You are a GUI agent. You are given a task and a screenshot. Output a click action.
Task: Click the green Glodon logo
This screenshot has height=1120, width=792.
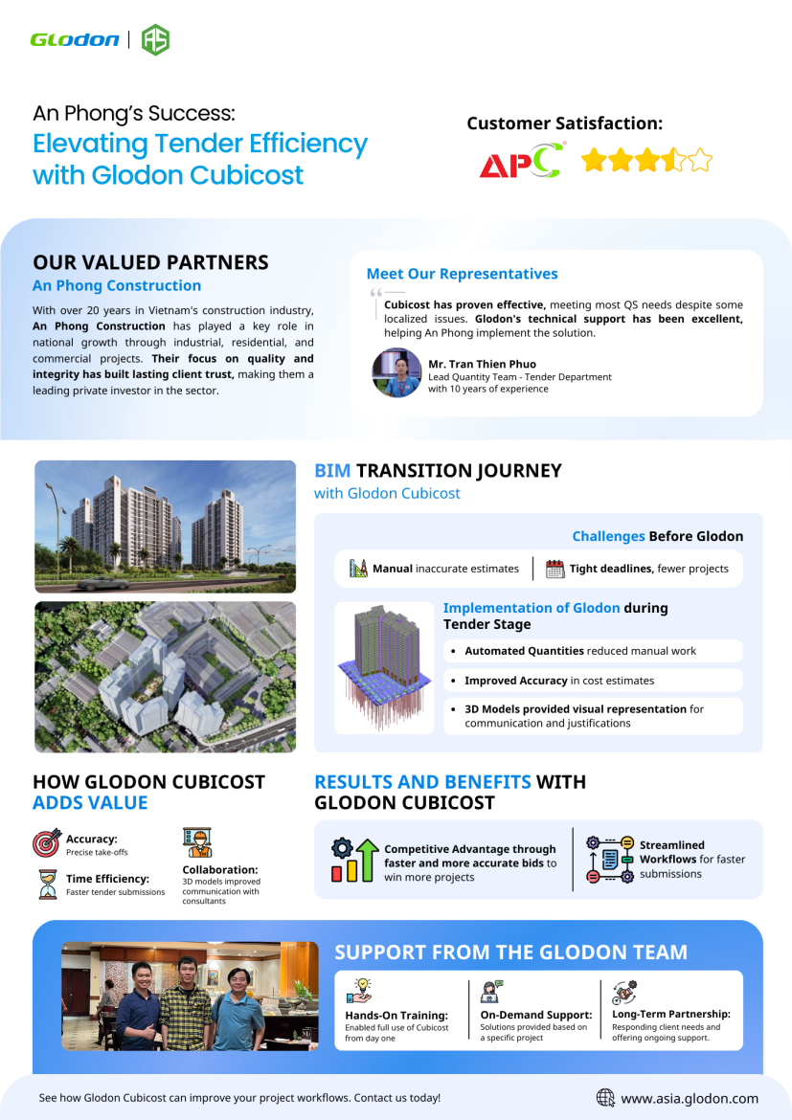[x=75, y=39]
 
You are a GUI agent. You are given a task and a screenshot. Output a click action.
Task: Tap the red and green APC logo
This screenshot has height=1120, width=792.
[x=522, y=161]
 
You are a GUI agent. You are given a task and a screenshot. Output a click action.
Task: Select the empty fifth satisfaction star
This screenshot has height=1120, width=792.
[x=700, y=160]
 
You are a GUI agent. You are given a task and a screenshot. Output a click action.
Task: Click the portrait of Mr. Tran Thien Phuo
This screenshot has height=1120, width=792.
[x=396, y=372]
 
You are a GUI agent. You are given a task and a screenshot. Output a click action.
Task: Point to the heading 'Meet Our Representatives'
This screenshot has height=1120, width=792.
[x=462, y=274]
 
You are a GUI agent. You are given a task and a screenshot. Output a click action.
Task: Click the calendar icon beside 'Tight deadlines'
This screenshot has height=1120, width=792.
[x=555, y=569]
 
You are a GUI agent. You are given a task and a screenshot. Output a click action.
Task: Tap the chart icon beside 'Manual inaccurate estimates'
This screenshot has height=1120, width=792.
[x=359, y=569]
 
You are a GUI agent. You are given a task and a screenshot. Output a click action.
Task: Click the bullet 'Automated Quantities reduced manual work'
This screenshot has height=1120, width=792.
[x=580, y=651]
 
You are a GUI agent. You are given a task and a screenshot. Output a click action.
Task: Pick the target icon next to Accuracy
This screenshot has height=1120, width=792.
[x=47, y=842]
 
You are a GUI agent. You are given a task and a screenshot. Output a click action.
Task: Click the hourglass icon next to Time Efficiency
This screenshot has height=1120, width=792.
[x=47, y=884]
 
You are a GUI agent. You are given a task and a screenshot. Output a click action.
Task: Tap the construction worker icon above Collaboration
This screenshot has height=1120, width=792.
[x=197, y=842]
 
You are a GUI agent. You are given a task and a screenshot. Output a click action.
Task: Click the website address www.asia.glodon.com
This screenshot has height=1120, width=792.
[x=690, y=1098]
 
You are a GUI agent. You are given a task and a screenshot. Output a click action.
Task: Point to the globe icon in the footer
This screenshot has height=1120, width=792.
[x=605, y=1098]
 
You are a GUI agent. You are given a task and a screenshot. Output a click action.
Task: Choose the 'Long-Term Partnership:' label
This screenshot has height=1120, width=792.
[x=670, y=1014]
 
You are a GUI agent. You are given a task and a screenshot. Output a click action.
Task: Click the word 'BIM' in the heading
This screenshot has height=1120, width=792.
[x=332, y=470]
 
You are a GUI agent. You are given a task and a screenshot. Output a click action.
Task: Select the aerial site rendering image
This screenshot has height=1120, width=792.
[x=165, y=676]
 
